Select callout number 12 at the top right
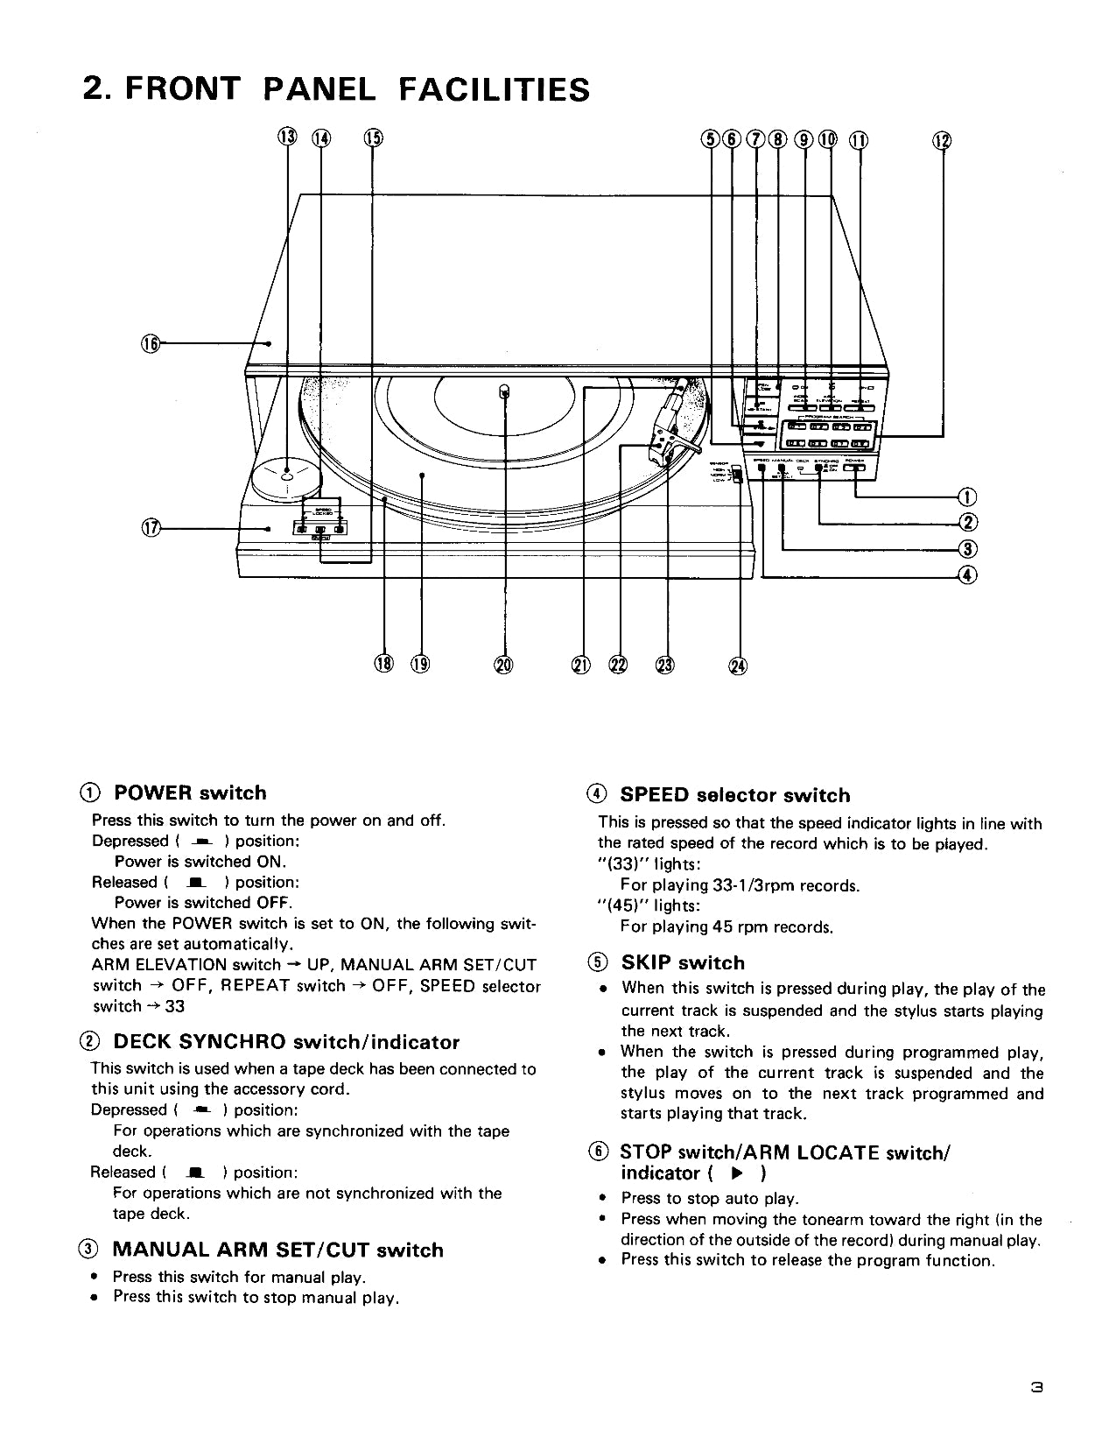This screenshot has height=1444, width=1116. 942,140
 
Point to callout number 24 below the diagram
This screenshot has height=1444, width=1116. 738,666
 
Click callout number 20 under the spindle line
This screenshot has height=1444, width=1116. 503,666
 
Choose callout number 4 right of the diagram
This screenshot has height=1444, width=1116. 968,575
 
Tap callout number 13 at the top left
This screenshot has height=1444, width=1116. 287,137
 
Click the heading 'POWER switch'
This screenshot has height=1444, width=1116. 190,793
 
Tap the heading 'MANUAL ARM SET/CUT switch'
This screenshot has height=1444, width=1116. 277,1250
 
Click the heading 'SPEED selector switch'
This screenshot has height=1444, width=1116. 734,795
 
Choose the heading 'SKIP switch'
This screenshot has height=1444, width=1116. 683,963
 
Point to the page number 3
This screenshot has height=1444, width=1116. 1036,1387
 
